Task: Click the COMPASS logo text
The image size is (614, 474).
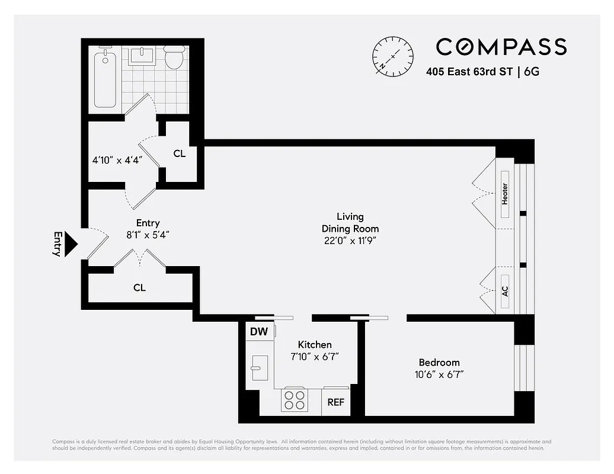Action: [501, 47]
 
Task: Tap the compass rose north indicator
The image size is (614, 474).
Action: [392, 56]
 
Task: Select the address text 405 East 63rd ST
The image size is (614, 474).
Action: [469, 73]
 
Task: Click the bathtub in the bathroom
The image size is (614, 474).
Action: [105, 78]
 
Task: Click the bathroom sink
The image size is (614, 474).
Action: [142, 57]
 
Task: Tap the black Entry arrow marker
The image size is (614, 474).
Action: [71, 244]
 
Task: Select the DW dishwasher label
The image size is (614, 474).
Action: [258, 332]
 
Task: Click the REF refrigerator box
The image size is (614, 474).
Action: [335, 402]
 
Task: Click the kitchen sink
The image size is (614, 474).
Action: [259, 368]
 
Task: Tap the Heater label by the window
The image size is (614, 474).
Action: [505, 194]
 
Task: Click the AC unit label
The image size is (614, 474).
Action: [505, 292]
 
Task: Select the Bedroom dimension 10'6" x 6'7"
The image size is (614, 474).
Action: [439, 374]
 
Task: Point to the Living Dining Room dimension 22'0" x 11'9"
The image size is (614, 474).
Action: [350, 240]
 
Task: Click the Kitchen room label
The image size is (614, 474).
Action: [314, 345]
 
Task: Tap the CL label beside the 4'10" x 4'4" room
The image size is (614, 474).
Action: [180, 153]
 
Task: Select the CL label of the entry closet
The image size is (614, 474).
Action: [139, 288]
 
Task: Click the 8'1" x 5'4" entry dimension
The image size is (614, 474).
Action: [148, 234]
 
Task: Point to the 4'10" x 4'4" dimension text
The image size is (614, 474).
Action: [117, 160]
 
